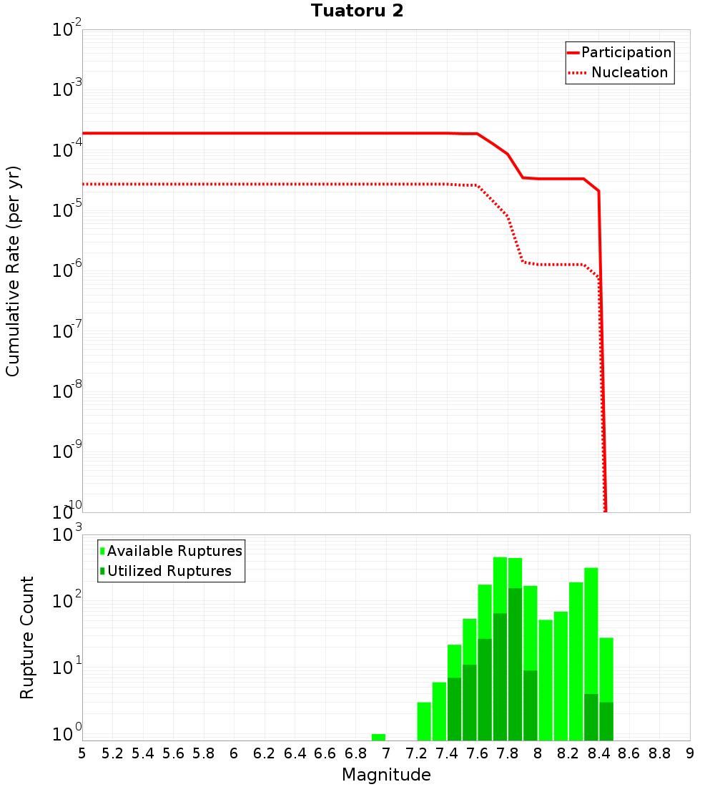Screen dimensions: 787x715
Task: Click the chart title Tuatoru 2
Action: pos(357,11)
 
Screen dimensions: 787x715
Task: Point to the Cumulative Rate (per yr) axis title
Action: pos(13,270)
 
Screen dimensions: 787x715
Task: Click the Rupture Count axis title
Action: pos(27,637)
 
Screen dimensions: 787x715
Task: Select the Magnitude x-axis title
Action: pos(386,775)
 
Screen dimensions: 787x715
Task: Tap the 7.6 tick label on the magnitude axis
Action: pos(477,753)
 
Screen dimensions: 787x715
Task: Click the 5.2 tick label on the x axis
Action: pos(112,753)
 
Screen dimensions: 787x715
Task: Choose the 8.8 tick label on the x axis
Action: pos(659,753)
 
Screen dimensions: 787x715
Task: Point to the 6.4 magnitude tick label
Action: pos(295,753)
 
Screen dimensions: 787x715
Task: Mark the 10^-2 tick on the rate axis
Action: pos(67,30)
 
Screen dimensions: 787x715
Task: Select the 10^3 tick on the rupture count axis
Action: pos(67,535)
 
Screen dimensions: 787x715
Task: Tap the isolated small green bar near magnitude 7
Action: pos(378,737)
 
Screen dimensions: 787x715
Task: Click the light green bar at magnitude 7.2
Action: pos(424,721)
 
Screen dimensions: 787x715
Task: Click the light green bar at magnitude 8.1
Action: pos(561,676)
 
